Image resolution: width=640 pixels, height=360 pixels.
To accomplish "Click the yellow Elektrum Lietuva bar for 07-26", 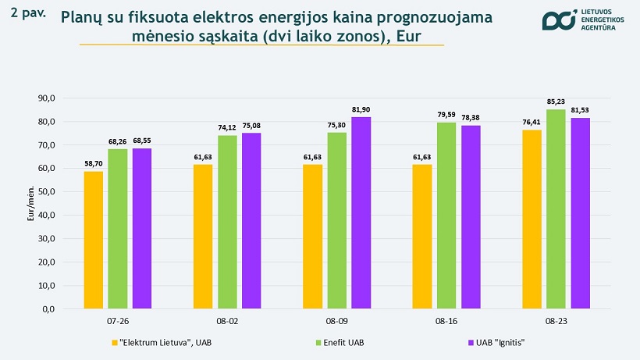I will [94, 240].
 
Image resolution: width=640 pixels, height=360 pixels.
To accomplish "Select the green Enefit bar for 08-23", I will [556, 209].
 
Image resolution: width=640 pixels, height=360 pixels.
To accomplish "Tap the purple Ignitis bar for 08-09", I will [361, 212].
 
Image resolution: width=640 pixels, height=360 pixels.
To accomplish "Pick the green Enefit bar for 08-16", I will [446, 216].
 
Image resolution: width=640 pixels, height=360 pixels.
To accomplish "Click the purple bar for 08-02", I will [251, 221].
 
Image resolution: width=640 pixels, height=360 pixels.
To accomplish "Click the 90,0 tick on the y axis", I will [47, 98].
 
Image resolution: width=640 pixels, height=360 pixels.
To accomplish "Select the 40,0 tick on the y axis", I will [47, 216].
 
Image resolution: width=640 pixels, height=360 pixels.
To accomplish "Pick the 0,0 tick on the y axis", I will [49, 309].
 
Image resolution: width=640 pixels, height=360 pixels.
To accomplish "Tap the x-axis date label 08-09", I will [336, 322].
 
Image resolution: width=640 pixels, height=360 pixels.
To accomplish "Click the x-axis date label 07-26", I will [118, 322].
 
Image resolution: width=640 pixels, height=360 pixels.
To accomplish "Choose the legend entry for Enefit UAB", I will [339, 342].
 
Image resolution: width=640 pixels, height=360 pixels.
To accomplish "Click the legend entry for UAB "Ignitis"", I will [495, 342].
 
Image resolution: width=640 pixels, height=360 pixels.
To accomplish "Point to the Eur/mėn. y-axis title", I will [30, 203].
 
